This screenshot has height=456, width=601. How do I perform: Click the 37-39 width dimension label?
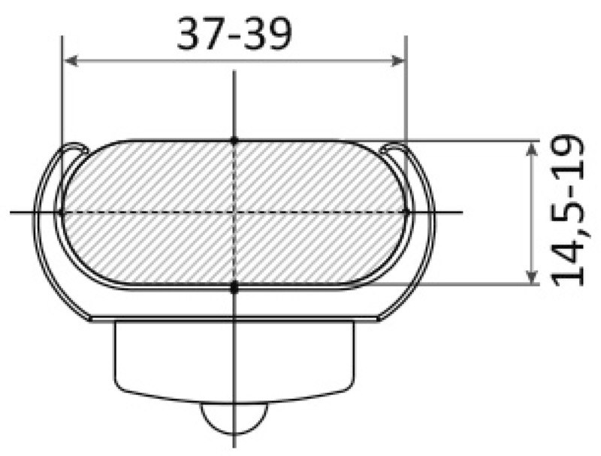click(234, 34)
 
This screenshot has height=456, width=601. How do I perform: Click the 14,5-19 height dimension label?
click(567, 211)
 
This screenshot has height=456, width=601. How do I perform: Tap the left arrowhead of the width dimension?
click(71, 61)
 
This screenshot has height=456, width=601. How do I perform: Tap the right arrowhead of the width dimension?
click(397, 61)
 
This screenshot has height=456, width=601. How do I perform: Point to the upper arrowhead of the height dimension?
click(531, 148)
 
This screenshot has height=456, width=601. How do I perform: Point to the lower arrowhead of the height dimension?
click(531, 278)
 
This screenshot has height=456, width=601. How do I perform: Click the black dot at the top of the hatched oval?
click(234, 141)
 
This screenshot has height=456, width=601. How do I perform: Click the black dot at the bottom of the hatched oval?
click(234, 287)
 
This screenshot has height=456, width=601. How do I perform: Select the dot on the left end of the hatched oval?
click(61, 212)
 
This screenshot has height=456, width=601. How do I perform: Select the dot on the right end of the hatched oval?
click(407, 211)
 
